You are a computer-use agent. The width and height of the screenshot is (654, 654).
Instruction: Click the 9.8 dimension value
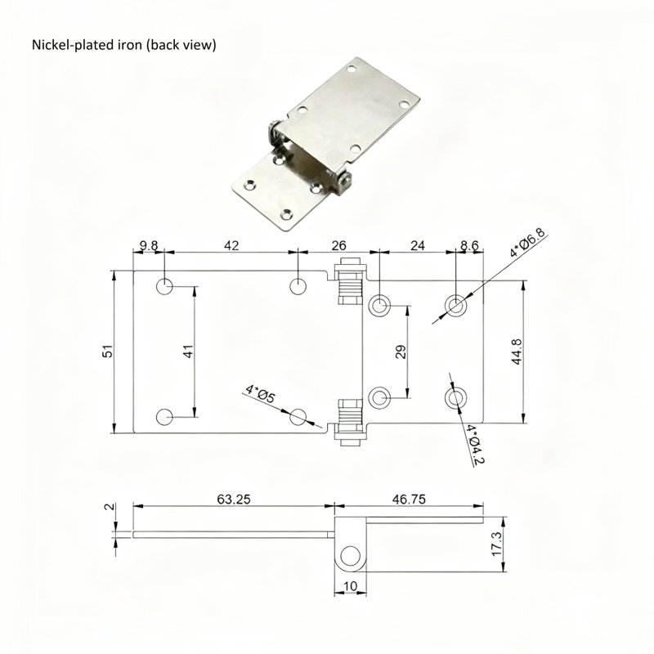point(148,244)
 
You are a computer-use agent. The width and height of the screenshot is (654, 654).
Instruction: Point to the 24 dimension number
point(417,244)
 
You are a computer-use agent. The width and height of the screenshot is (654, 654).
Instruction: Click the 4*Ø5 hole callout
point(261,394)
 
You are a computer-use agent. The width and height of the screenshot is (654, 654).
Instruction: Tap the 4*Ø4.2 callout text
point(475,446)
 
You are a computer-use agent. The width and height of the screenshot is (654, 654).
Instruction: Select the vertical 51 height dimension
point(107,352)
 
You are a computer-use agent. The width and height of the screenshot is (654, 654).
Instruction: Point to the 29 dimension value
point(401,352)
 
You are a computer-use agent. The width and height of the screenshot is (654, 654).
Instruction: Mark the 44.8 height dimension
point(516,352)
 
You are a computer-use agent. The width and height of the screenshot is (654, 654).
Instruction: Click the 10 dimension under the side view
point(350,585)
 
